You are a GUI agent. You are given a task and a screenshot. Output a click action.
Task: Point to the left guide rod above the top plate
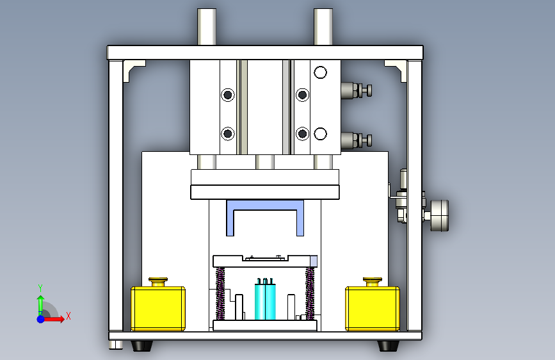207,27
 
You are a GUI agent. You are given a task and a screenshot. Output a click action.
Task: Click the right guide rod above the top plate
323,27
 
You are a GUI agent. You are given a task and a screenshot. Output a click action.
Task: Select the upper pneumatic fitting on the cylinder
357,90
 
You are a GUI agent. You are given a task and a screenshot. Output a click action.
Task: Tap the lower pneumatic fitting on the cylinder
357,140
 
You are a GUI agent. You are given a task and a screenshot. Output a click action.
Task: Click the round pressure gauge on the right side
440,215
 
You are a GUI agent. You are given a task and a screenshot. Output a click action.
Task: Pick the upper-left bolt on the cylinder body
228,95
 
